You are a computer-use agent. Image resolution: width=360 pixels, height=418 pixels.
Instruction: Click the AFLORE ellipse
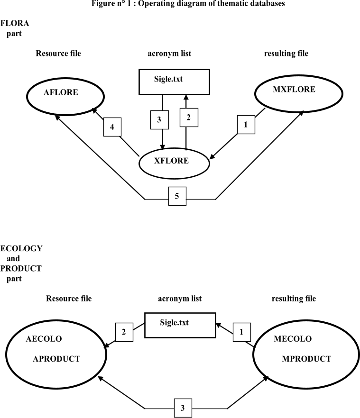pyautogui.click(x=65, y=97)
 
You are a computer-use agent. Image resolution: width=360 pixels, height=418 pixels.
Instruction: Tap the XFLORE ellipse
pyautogui.click(x=175, y=164)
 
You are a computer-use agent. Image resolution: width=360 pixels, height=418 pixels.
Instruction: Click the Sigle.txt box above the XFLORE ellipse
pyautogui.click(x=174, y=82)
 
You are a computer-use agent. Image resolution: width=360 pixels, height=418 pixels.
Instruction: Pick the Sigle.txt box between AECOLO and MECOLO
pyautogui.click(x=180, y=325)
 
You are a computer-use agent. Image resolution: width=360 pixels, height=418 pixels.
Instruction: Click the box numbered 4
pyautogui.click(x=112, y=127)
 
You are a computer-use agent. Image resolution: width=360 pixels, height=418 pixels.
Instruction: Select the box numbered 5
pyautogui.click(x=177, y=196)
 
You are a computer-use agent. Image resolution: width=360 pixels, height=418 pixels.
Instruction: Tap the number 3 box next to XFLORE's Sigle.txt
pyautogui.click(x=159, y=120)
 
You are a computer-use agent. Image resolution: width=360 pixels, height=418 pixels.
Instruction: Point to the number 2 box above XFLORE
pyautogui.click(x=189, y=118)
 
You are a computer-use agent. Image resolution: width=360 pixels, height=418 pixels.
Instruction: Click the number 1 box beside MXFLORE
pyautogui.click(x=246, y=125)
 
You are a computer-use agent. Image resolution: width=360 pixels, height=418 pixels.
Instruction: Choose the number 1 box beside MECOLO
pyautogui.click(x=241, y=332)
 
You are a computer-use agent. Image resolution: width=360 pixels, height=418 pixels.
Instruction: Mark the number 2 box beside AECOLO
pyautogui.click(x=124, y=332)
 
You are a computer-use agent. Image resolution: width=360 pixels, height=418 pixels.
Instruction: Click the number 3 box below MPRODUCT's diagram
pyautogui.click(x=183, y=408)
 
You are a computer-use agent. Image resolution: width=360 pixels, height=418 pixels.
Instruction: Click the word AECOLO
pyautogui.click(x=44, y=339)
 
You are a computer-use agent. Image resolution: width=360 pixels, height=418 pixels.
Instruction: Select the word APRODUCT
pyautogui.click(x=56, y=359)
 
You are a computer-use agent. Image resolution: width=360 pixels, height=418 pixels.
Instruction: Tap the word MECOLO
pyautogui.click(x=293, y=339)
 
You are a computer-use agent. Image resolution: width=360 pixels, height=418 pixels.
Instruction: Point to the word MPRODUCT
pyautogui.click(x=306, y=359)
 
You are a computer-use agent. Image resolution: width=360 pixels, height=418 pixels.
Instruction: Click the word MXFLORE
pyautogui.click(x=294, y=89)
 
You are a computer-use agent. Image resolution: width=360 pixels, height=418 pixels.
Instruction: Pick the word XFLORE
pyautogui.click(x=171, y=161)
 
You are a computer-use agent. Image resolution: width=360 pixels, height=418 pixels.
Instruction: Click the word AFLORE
pyautogui.click(x=61, y=92)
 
